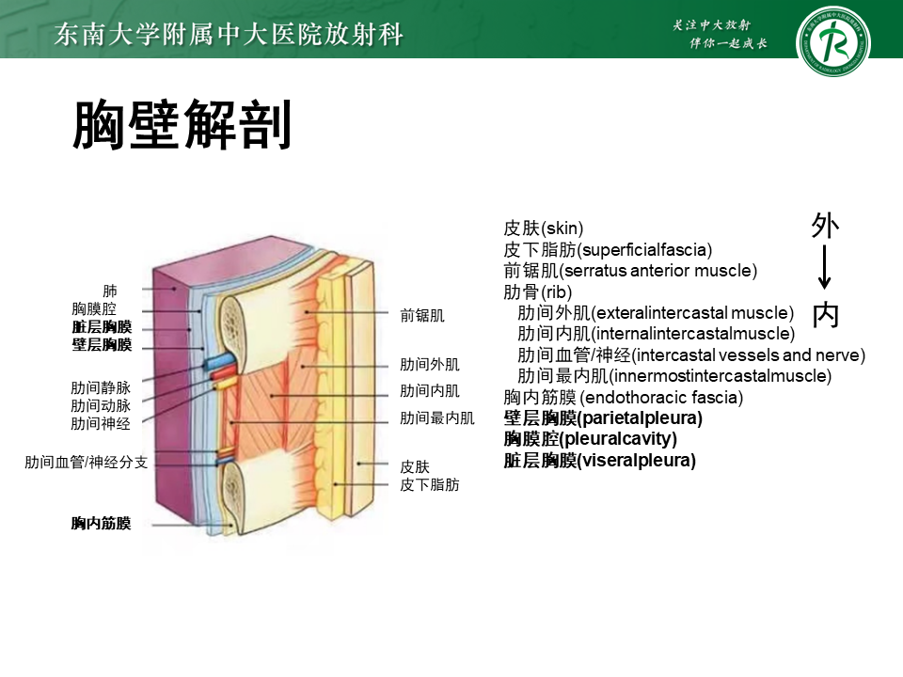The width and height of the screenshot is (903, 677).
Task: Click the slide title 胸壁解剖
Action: pyautogui.click(x=182, y=127)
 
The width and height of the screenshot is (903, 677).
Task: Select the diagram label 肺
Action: pyautogui.click(x=110, y=291)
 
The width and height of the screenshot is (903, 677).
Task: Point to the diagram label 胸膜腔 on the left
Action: pyautogui.click(x=102, y=309)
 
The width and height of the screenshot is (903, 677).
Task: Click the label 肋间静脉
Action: pyautogui.click(x=101, y=387)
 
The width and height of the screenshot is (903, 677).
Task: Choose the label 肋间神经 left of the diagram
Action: pyautogui.click(x=101, y=424)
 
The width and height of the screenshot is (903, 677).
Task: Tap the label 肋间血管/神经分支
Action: pyautogui.click(x=86, y=463)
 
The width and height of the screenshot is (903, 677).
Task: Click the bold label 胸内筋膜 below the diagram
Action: pyautogui.click(x=101, y=524)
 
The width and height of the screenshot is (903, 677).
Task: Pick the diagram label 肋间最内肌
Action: pyautogui.click(x=437, y=417)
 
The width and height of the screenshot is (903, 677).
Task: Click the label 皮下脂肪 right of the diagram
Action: pyautogui.click(x=430, y=485)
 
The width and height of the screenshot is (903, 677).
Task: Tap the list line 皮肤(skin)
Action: pyautogui.click(x=544, y=228)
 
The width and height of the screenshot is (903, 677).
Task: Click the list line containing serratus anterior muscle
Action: pyautogui.click(x=630, y=271)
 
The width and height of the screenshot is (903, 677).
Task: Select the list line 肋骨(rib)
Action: pyautogui.click(x=538, y=292)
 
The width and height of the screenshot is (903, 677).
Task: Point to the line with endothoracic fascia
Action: pyautogui.click(x=624, y=397)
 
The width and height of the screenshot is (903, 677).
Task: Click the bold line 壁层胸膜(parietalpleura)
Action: pyautogui.click(x=603, y=418)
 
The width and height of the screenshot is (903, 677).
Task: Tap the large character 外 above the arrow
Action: pyautogui.click(x=825, y=226)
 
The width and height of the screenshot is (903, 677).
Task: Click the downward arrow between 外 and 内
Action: pyautogui.click(x=825, y=268)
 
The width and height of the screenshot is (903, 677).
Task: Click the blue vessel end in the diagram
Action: pyautogui.click(x=214, y=362)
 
